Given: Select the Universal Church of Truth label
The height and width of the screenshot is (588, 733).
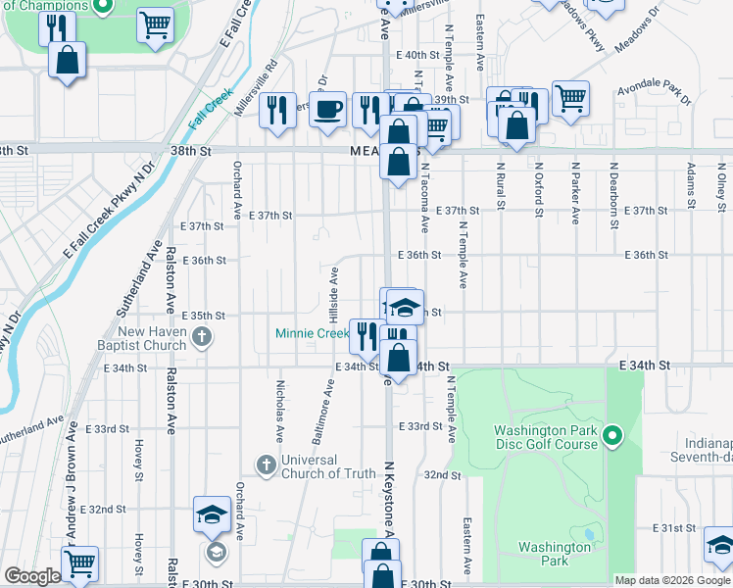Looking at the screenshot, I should point(328,466).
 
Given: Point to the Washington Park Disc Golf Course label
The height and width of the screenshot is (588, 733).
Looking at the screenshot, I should point(545,437).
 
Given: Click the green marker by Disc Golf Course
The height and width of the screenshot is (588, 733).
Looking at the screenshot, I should point(612,435).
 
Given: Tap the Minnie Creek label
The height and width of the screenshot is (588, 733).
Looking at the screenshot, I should point(312,333).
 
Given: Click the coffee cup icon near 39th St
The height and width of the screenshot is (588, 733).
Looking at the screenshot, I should point(328,108).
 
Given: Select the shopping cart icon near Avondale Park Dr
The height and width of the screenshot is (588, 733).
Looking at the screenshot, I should point(570,98).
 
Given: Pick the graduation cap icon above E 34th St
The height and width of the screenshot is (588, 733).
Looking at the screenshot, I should point(404,308).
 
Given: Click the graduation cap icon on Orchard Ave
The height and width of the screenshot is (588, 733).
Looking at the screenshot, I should point(212,514).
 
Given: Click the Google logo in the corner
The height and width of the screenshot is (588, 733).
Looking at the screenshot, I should point(32,576).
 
